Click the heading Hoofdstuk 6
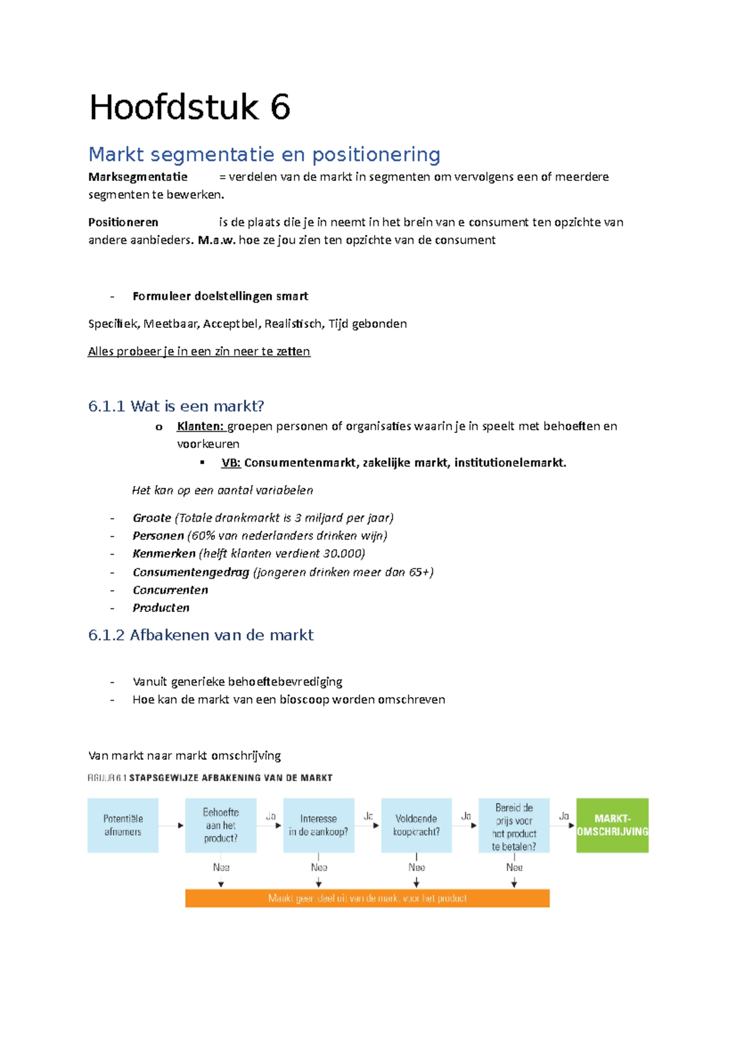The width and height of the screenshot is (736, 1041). point(190,108)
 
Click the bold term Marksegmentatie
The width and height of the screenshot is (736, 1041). point(138,177)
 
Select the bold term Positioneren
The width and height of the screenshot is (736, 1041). point(123,223)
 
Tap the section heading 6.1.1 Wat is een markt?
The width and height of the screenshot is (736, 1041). point(176,406)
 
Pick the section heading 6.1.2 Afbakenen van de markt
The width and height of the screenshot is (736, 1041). point(201,635)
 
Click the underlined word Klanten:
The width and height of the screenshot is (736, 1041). point(201,426)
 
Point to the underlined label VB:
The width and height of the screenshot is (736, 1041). point(231,463)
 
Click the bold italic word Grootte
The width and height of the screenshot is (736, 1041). point(151,518)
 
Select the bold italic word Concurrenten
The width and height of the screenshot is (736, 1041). point(170,590)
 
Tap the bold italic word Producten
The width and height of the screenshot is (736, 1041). point(161,608)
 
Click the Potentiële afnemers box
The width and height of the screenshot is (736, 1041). point(123,825)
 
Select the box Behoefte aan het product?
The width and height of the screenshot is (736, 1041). point(221,825)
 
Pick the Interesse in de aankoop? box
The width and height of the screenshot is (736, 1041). point(318,825)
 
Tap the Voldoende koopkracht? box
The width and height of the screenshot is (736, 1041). point(416,825)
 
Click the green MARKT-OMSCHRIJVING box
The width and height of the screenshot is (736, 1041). point(612,825)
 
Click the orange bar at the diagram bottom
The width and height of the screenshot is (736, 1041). point(367,898)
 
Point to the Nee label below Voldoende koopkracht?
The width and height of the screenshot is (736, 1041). point(416,867)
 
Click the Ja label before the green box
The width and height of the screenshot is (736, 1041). point(564,817)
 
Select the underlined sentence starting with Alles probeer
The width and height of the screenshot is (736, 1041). point(199,351)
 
